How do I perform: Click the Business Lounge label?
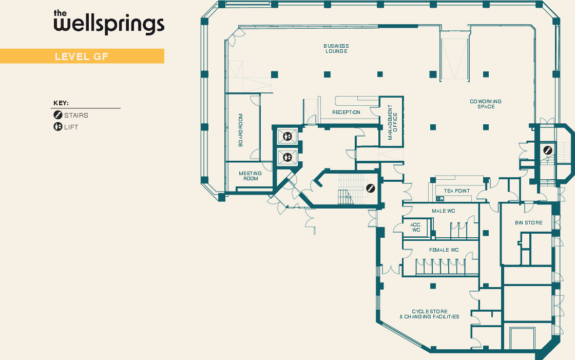[336, 49]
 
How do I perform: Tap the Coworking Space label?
[486, 104]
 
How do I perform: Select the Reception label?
[346, 112]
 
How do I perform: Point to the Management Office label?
[392, 122]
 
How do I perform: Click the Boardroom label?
[240, 130]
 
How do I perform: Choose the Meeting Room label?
[250, 176]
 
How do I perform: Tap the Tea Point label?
[457, 191]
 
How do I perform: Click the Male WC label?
[444, 211]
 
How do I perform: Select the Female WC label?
[444, 250]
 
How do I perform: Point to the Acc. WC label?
[416, 228]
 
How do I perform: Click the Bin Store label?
[528, 223]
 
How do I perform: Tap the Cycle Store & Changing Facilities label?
[429, 314]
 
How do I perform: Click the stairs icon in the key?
[58, 115]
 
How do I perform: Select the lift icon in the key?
[58, 127]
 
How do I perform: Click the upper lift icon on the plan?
[287, 137]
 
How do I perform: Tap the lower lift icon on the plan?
[287, 157]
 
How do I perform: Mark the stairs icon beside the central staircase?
[370, 188]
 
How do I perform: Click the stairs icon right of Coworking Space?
[548, 150]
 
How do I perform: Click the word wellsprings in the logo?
[109, 24]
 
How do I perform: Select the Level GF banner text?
[82, 56]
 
